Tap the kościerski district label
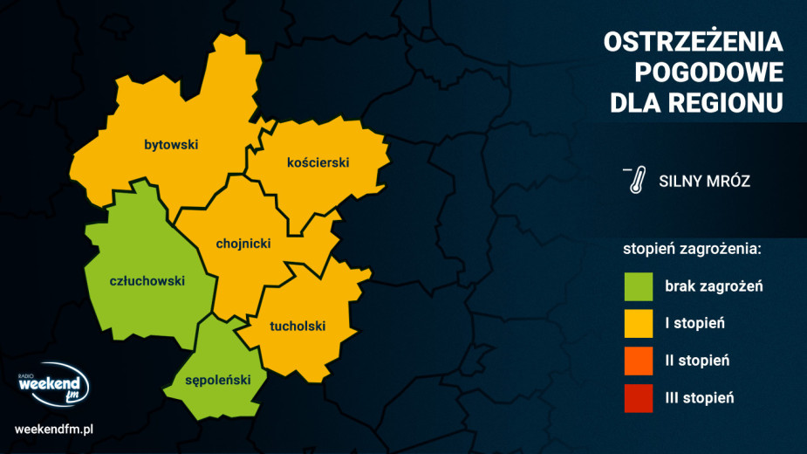(318, 162)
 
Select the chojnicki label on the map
(243, 244)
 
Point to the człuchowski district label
(147, 281)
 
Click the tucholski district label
(297, 327)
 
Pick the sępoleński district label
(218, 380)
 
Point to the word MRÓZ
(729, 182)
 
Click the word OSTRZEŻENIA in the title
(693, 42)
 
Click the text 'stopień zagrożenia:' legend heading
(693, 249)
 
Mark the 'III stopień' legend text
(699, 398)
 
